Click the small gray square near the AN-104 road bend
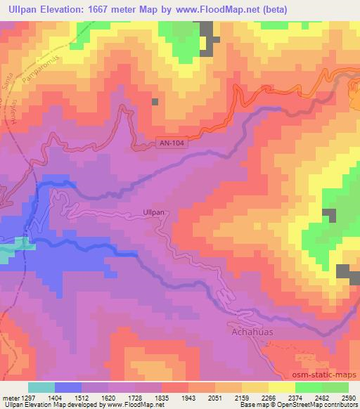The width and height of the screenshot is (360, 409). click(x=155, y=102)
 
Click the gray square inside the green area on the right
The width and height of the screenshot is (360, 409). click(x=328, y=216)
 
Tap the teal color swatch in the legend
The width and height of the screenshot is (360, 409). click(x=41, y=387)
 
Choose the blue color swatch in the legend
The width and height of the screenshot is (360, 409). click(x=67, y=387)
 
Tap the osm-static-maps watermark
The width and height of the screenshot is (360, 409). click(x=328, y=375)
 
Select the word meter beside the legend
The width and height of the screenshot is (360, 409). click(x=8, y=398)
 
